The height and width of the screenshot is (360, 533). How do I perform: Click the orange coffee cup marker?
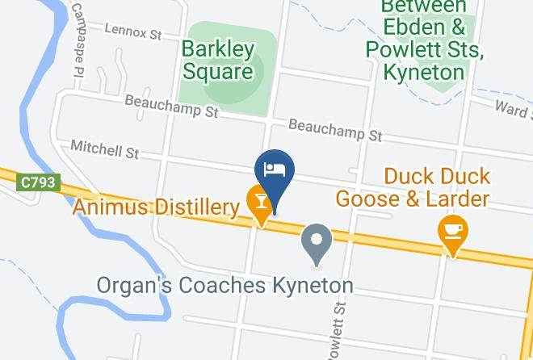(x=453, y=231)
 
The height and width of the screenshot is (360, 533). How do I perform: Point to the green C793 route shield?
(x=37, y=183)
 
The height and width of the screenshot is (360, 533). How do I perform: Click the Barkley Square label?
(x=217, y=60)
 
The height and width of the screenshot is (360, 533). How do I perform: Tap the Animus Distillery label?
(x=157, y=207)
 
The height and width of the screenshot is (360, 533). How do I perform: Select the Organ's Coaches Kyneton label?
(x=225, y=286)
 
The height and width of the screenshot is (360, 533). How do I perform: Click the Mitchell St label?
(x=105, y=149)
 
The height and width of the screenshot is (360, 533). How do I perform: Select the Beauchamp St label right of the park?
(x=334, y=130)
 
